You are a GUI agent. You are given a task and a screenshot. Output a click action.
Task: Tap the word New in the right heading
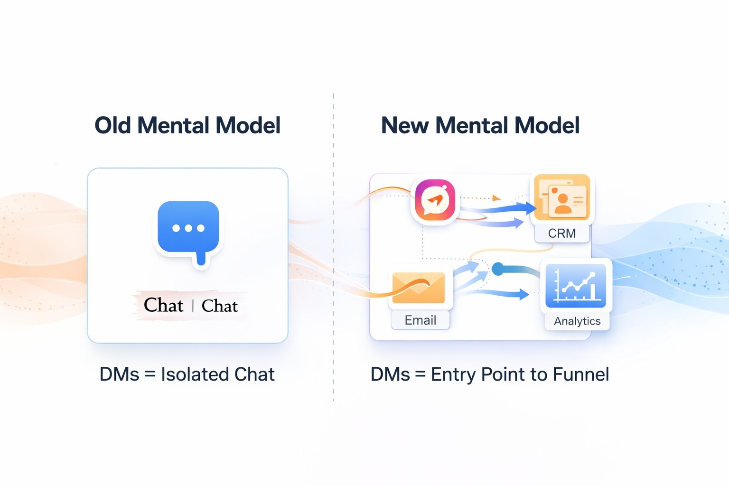404,126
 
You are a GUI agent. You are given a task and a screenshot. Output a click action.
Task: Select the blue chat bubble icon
188,228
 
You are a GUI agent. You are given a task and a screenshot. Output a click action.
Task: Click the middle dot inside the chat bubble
188,228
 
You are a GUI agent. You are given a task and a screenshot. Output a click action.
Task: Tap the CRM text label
562,234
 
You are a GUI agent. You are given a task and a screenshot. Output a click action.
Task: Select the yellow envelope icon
419,288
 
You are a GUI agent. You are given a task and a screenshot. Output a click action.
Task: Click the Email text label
420,320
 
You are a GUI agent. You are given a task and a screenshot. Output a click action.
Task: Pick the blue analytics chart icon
576,285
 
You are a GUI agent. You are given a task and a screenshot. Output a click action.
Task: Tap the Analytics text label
577,321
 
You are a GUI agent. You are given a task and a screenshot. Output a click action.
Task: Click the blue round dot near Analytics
498,269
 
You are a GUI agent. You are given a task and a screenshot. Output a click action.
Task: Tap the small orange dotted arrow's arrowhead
496,198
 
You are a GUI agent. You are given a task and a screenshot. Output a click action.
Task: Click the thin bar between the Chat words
193,306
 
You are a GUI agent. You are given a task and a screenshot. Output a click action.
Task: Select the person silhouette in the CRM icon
563,203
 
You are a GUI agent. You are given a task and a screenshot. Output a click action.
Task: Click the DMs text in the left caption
119,374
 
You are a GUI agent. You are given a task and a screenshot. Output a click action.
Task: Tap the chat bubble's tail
201,259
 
